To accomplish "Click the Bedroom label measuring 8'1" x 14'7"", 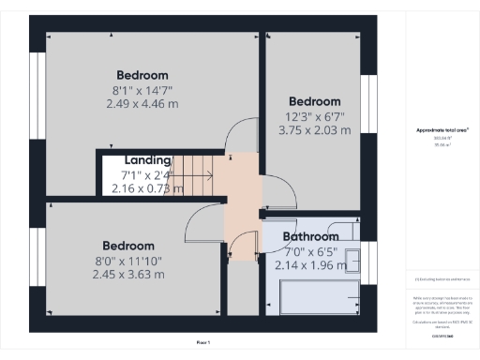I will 142,75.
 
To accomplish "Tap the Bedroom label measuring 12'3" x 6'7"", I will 314,101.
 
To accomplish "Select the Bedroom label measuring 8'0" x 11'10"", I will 127,246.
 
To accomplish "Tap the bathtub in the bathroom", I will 314,294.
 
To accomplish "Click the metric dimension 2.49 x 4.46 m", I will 142,105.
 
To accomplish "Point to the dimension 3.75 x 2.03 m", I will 314,130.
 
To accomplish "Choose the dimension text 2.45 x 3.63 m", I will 127,275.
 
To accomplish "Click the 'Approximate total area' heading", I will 442,129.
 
